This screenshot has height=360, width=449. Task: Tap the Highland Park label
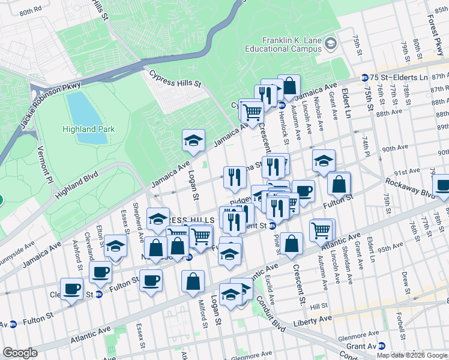point(88,129)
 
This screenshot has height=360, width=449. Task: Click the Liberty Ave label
point(312,322)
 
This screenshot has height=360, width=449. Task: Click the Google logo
point(20,352)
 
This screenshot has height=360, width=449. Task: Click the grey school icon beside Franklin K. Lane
point(330,43)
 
